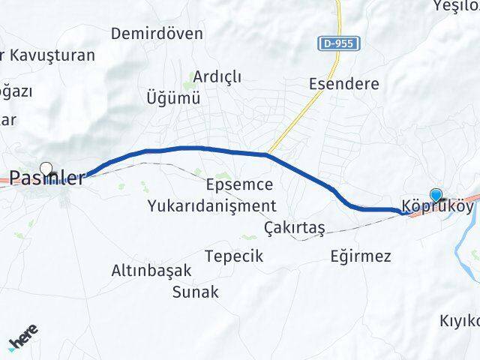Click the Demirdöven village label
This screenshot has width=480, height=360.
click(157, 34)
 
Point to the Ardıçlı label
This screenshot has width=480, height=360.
click(217, 76)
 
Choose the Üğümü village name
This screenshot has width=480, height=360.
click(174, 97)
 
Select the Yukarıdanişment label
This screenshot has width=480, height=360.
click(212, 205)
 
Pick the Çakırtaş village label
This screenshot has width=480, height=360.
click(294, 227)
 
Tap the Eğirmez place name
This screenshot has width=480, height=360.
click(361, 256)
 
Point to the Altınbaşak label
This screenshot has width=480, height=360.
click(151, 271)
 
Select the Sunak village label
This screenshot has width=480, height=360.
click(195, 292)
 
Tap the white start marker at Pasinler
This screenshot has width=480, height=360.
click(46, 169)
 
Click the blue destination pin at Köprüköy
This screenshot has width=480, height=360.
click(436, 193)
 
